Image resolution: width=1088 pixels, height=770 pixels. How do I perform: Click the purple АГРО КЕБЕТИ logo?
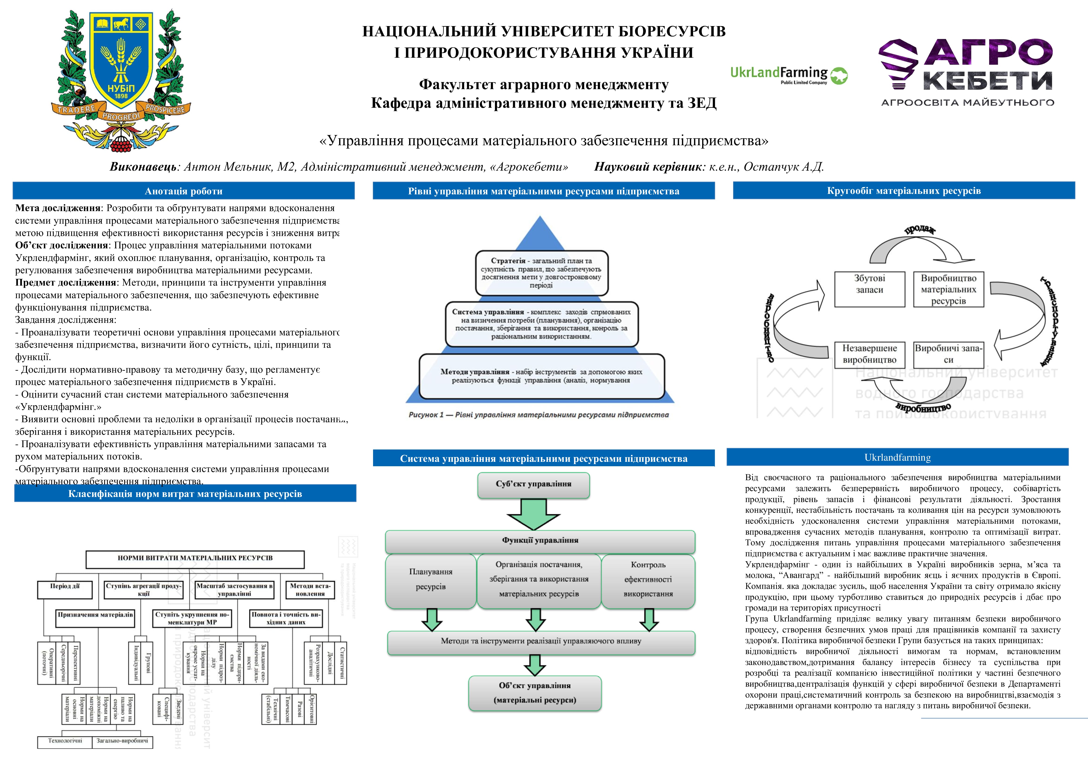click(x=967, y=71)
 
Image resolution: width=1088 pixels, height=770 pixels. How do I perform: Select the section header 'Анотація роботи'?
click(x=183, y=191)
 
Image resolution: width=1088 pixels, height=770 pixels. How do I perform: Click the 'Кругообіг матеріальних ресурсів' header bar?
click(x=904, y=191)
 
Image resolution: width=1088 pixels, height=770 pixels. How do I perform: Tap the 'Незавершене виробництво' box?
click(x=869, y=354)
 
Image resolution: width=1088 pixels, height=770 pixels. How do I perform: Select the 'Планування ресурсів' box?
click(x=431, y=579)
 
